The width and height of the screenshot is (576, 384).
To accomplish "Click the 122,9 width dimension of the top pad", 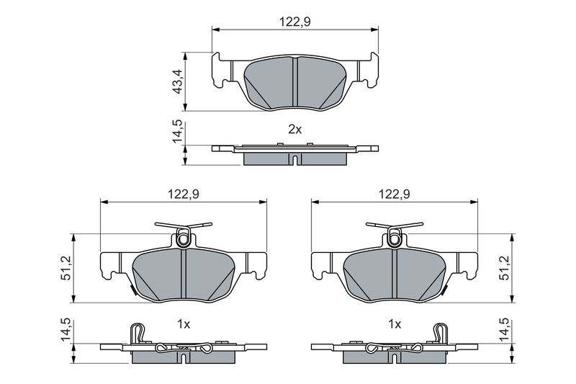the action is [295, 22].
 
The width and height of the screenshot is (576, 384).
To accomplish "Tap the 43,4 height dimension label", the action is [178, 81].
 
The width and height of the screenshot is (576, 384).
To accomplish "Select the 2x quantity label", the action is [294, 130].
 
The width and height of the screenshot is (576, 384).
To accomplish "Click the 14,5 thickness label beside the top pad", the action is [178, 131].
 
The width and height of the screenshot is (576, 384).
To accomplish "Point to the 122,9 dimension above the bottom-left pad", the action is [184, 194].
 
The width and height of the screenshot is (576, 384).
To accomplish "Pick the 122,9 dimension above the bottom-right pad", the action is [395, 194].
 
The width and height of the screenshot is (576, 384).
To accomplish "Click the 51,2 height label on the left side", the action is [66, 269].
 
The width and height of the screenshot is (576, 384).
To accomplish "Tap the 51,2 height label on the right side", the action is [505, 269].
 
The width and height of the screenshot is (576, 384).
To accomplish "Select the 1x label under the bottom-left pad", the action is [184, 324].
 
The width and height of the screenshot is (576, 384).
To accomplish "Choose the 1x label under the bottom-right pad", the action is [395, 324].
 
